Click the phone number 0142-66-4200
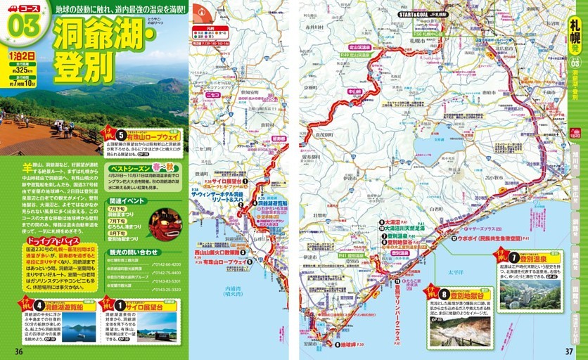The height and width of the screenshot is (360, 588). click(x=166, y=264)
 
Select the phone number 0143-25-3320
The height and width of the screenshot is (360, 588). click(x=166, y=288)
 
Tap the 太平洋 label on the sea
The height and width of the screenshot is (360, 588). click(x=455, y=265)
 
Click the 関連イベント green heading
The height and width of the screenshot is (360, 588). click(x=127, y=200)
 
